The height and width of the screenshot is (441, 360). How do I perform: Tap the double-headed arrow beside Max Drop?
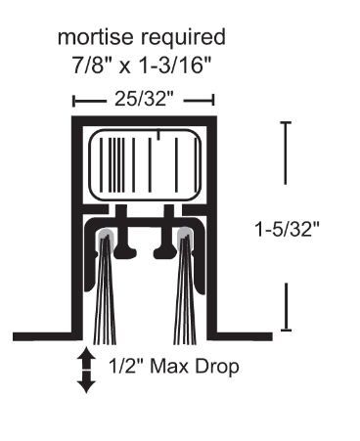click(87, 371)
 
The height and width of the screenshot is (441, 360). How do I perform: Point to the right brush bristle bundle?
click(181, 293)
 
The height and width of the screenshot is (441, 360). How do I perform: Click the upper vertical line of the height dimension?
click(286, 152)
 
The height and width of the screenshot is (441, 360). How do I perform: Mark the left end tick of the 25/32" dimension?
click(74, 99)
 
